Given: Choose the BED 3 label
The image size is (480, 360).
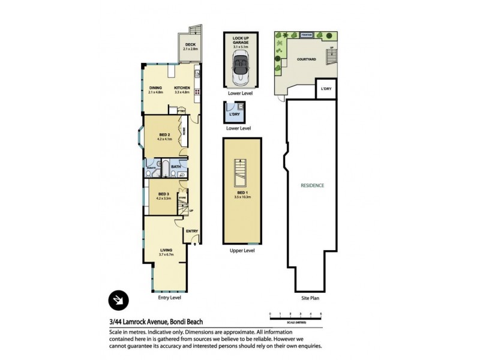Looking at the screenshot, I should pyautogui.click(x=164, y=195).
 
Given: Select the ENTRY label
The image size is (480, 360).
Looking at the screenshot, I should pyautogui.click(x=192, y=231).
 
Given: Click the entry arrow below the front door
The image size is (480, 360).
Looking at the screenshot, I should pyautogui.click(x=194, y=245).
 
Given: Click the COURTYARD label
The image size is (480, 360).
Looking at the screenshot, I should pyautogui.click(x=306, y=59).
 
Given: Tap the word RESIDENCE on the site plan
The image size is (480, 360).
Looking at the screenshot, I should pyautogui.click(x=312, y=185).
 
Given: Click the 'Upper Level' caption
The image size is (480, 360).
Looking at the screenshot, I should pyautogui.click(x=242, y=250).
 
